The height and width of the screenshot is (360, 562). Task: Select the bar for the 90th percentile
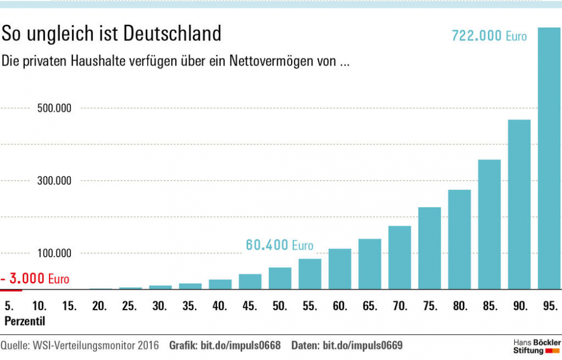click(x=519, y=204)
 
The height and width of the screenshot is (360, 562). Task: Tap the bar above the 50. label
click(x=280, y=278)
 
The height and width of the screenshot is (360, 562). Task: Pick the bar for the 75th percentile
click(x=429, y=248)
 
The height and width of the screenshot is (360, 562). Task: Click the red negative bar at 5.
click(x=11, y=290)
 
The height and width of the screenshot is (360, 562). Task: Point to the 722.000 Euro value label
click(x=490, y=36)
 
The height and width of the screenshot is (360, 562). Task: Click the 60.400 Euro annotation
click(x=279, y=245)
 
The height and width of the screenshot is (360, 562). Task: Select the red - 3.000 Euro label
click(x=35, y=279)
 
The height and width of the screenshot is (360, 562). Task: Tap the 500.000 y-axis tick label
click(x=55, y=108)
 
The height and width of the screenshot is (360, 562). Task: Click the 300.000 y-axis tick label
click(x=55, y=181)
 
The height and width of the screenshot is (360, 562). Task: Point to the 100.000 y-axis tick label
click(x=55, y=253)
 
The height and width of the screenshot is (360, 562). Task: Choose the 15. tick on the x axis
click(x=69, y=306)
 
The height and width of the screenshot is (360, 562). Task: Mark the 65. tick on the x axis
click(x=369, y=306)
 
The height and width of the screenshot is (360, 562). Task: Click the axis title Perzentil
click(x=24, y=321)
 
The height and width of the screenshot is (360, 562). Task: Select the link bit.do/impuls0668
click(x=240, y=344)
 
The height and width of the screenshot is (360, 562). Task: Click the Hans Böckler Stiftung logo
click(x=537, y=346)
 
